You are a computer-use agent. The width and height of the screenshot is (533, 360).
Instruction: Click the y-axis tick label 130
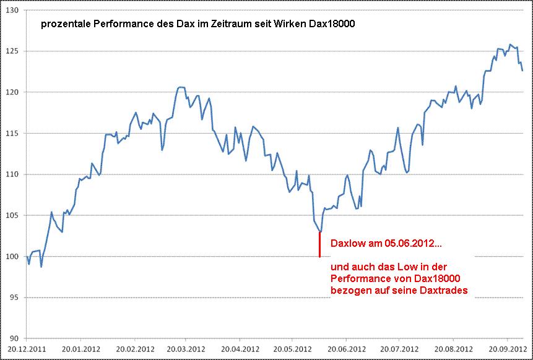12,11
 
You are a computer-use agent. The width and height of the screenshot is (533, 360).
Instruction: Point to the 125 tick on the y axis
12,51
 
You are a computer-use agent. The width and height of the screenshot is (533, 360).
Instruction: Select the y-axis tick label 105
12,215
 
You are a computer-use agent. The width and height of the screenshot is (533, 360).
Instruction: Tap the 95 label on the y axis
14,298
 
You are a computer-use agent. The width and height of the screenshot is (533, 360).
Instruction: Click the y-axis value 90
14,338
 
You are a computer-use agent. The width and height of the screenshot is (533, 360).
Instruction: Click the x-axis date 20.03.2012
184,348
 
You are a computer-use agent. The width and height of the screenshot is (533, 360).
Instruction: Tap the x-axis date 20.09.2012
506,348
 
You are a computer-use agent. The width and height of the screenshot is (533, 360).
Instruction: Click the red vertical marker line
319,244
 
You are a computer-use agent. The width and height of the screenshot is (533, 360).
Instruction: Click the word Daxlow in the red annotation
347,244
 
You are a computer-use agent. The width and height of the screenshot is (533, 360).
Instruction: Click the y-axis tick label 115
12,134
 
